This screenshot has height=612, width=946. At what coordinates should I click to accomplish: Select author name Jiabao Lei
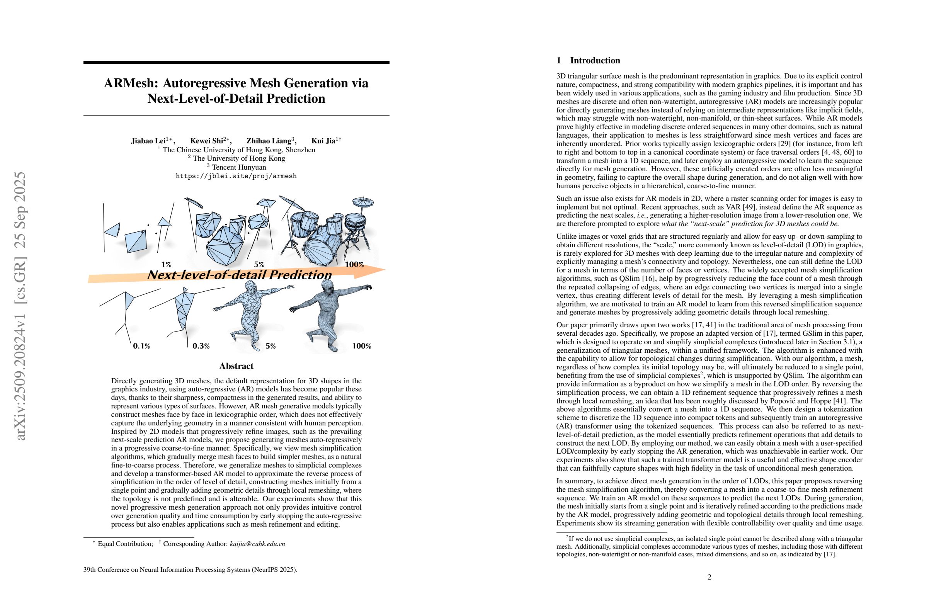coord(148,141)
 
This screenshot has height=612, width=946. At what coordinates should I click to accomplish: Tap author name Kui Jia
coord(323,141)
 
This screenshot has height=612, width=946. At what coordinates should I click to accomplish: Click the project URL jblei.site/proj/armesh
coord(236,176)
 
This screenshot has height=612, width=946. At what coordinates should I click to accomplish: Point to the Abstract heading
coord(236,366)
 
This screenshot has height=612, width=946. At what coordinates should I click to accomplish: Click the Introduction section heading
coord(595,60)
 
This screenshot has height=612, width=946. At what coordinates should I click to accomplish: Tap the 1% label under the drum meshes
coord(166,264)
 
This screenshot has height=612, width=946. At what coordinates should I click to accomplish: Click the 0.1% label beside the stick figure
coord(141,346)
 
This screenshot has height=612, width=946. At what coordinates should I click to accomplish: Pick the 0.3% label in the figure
coord(201,346)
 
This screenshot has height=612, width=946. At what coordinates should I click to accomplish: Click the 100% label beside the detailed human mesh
coord(361,346)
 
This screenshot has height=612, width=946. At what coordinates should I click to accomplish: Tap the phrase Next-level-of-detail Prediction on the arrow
coord(239,275)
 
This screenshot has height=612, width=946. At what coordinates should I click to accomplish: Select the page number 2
coord(709,577)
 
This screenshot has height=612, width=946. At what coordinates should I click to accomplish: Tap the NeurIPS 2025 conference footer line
coord(191,569)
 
